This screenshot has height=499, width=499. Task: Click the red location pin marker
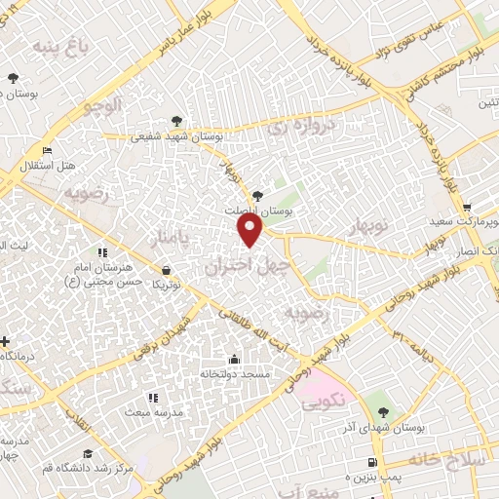pyautogui.click(x=250, y=230)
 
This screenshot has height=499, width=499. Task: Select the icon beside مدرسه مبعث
pyautogui.click(x=152, y=398)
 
